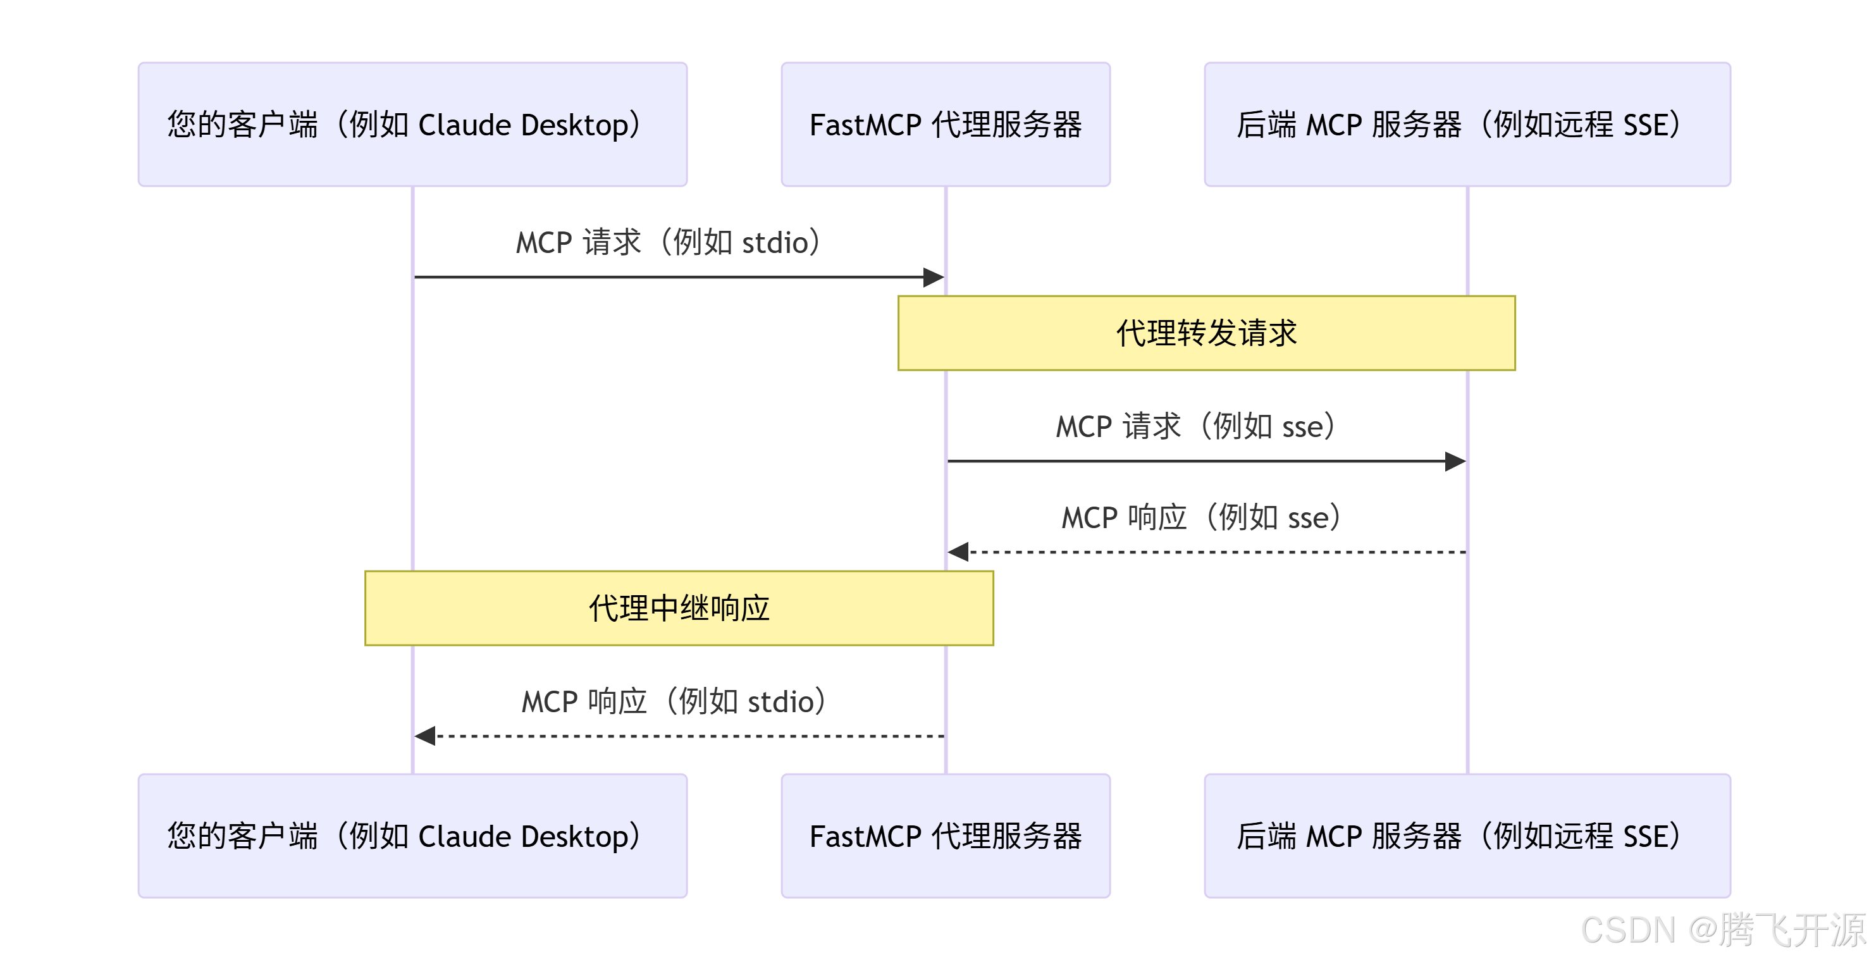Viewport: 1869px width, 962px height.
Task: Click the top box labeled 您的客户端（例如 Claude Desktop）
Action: pos(412,124)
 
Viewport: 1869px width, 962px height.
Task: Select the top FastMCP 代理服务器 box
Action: pos(946,124)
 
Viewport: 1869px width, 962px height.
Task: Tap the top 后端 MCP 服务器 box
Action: pos(1467,124)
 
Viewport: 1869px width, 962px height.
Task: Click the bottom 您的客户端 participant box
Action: pos(412,836)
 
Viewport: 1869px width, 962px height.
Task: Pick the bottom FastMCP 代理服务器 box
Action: pos(946,836)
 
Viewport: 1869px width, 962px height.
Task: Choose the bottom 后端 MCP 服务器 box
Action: pos(1467,836)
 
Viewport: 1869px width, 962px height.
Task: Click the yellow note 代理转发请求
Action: pos(1206,333)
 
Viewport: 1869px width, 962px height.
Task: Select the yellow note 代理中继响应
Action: pos(679,608)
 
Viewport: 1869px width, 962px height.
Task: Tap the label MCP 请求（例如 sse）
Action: pos(1195,426)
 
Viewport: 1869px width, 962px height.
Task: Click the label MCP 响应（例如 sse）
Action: pos(1200,518)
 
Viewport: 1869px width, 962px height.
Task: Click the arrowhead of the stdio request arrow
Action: pos(934,277)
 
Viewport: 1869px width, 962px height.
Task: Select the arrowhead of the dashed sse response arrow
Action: pos(958,552)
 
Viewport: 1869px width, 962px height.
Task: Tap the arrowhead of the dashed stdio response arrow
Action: pos(425,736)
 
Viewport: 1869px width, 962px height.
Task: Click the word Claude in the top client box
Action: pos(464,125)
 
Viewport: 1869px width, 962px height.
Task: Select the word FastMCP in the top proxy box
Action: pos(865,125)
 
